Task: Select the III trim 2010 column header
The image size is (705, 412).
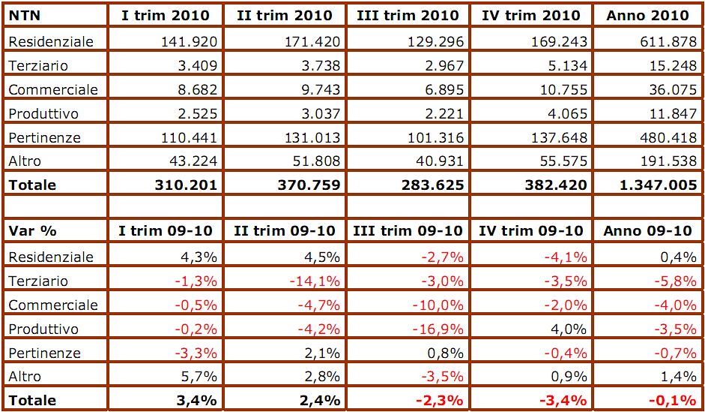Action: [408, 15]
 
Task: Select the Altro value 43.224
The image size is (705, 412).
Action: [193, 161]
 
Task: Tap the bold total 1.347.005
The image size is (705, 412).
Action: [649, 185]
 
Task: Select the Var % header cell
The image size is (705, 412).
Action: [28, 230]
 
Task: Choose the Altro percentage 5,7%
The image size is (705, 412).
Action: [199, 376]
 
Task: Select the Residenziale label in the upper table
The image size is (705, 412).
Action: [51, 41]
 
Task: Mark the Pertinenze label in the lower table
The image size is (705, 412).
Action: [44, 353]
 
